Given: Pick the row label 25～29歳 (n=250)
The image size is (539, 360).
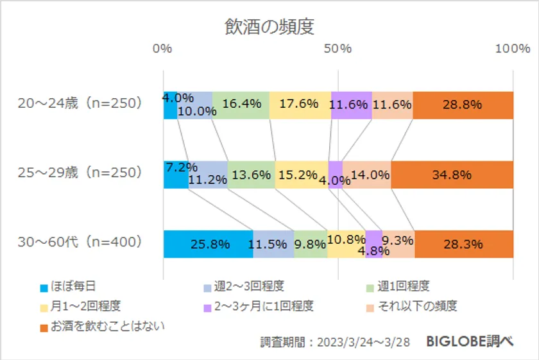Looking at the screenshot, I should [x=80, y=173].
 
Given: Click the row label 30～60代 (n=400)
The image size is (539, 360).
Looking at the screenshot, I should [x=80, y=242].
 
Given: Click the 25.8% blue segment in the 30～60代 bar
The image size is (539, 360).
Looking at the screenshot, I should [x=208, y=244].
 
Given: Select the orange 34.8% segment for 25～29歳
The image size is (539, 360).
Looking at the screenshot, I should [x=452, y=175].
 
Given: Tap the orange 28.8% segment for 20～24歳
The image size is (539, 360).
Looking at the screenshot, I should [x=463, y=105].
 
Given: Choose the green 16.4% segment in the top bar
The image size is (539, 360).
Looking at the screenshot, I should [x=241, y=105].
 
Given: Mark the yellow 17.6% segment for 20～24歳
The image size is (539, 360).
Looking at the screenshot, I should [x=300, y=105].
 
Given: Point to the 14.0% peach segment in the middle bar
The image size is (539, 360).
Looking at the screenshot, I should [x=366, y=175].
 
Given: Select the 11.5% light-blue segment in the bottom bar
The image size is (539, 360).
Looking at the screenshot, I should [x=273, y=244].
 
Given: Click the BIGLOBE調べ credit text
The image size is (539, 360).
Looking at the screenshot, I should [x=470, y=341].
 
